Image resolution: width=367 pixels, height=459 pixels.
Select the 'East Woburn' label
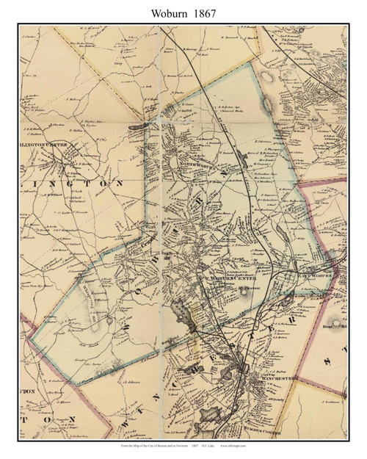tap(316, 275)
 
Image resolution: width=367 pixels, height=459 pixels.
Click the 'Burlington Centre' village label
tap(48, 145)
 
